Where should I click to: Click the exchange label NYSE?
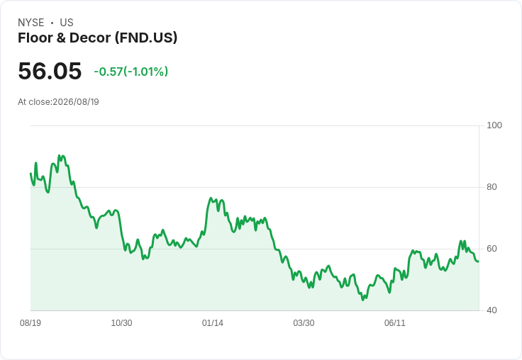31,23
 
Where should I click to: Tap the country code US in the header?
67,23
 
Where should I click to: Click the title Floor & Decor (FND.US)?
98,38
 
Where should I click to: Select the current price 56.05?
50,71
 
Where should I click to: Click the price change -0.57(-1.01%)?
130,72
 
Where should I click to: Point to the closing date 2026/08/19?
76,102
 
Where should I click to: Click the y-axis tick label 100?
494,125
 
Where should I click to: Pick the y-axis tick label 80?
492,187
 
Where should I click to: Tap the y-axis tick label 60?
492,249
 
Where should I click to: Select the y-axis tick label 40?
492,310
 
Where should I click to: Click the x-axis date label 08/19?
30,322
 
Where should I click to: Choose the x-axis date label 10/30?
121,322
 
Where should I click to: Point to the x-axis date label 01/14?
212,322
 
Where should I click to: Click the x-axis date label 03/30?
304,322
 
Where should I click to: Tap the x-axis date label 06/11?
395,322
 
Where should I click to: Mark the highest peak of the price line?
60,155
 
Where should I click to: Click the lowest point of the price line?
363,300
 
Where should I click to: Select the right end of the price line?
479,261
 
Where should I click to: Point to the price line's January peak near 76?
211,198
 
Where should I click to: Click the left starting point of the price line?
31,174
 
